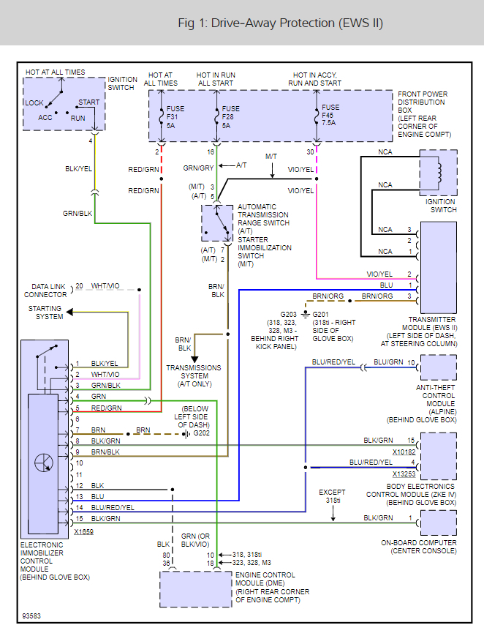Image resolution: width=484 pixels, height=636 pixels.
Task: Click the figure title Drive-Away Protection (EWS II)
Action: [280, 23]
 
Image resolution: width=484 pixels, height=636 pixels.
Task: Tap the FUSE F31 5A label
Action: [175, 116]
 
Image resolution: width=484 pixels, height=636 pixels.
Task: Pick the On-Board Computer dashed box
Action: [438, 523]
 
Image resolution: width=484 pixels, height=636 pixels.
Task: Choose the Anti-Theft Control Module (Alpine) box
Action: [438, 366]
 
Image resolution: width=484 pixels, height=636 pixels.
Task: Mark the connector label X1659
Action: [83, 531]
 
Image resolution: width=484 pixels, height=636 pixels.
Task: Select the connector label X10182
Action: [404, 452]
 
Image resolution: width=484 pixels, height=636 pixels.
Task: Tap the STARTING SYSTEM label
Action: [45, 313]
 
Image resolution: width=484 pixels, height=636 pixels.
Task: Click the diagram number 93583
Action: [31, 616]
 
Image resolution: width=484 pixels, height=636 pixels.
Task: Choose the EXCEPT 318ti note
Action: [332, 497]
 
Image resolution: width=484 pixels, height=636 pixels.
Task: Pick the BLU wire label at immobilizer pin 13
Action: [97, 497]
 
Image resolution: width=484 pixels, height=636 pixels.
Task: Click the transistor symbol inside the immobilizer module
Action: [43, 463]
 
